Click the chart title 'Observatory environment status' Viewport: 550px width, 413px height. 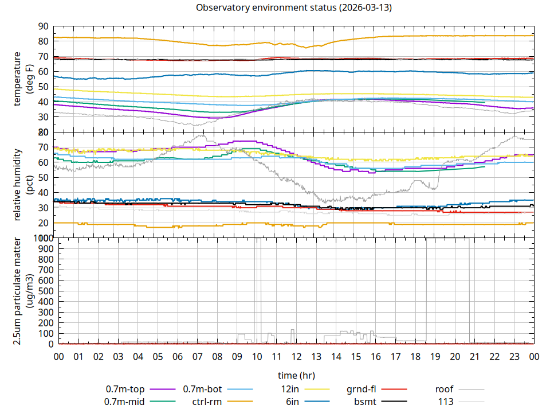[293, 7]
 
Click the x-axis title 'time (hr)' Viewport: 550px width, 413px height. [296, 376]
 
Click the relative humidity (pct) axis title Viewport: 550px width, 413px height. [23, 184]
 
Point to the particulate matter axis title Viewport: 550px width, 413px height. [23, 291]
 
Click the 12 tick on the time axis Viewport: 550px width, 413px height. [296, 357]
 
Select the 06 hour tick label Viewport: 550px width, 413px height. [178, 357]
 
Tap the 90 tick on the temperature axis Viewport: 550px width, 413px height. [42, 26]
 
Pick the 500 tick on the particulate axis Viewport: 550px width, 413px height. [40, 291]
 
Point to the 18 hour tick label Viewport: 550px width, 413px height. [415, 357]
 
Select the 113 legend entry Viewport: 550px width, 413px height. [446, 402]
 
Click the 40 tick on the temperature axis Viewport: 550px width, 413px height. [42, 102]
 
